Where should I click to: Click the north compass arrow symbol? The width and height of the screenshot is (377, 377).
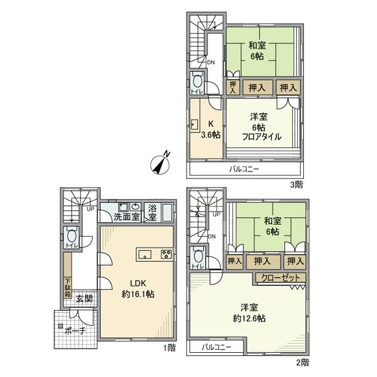coord(161,164)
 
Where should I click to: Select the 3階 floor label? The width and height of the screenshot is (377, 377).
coord(297,184)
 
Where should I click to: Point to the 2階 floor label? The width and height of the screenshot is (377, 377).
coord(302,361)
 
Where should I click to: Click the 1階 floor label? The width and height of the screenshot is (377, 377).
coord(169,348)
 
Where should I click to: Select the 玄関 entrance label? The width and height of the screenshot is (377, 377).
coord(83,298)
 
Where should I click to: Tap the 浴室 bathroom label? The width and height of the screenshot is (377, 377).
coord(153,213)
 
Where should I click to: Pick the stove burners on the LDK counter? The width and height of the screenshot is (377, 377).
coord(165,254)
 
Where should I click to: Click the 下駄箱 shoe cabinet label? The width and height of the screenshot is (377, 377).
coord(68,287)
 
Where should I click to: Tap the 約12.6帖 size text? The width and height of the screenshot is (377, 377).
coord(249,318)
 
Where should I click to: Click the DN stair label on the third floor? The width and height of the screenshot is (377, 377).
coord(211,62)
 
